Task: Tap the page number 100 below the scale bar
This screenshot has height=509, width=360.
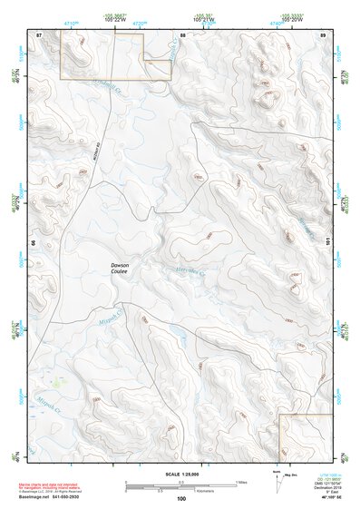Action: pyautogui.click(x=181, y=499)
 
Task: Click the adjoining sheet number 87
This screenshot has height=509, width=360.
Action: pyautogui.click(x=39, y=34)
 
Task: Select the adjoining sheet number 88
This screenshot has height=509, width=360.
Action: pyautogui.click(x=182, y=34)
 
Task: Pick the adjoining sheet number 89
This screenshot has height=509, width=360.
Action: pyautogui.click(x=322, y=34)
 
